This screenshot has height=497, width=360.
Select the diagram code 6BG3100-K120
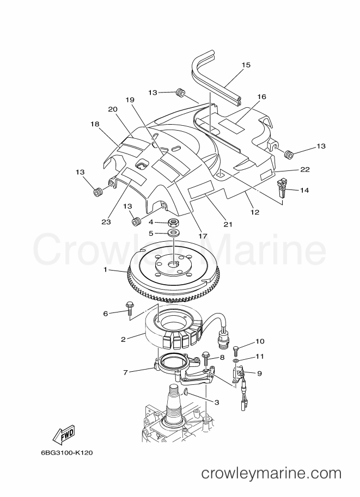(x=66, y=452)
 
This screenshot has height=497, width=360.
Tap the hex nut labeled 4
(x=173, y=222)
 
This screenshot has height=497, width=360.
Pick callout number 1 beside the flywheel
(x=105, y=270)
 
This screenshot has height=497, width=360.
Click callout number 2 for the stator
(x=124, y=339)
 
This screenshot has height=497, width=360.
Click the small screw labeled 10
(x=236, y=351)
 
